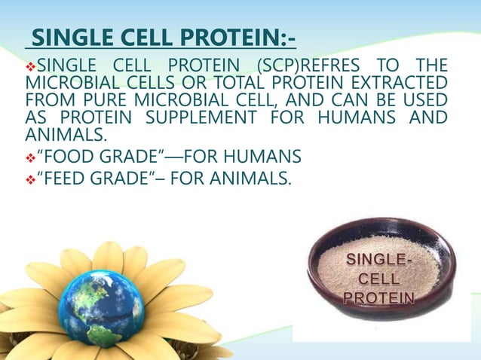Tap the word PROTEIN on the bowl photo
pos(378,297)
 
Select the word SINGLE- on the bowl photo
pos(378,260)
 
